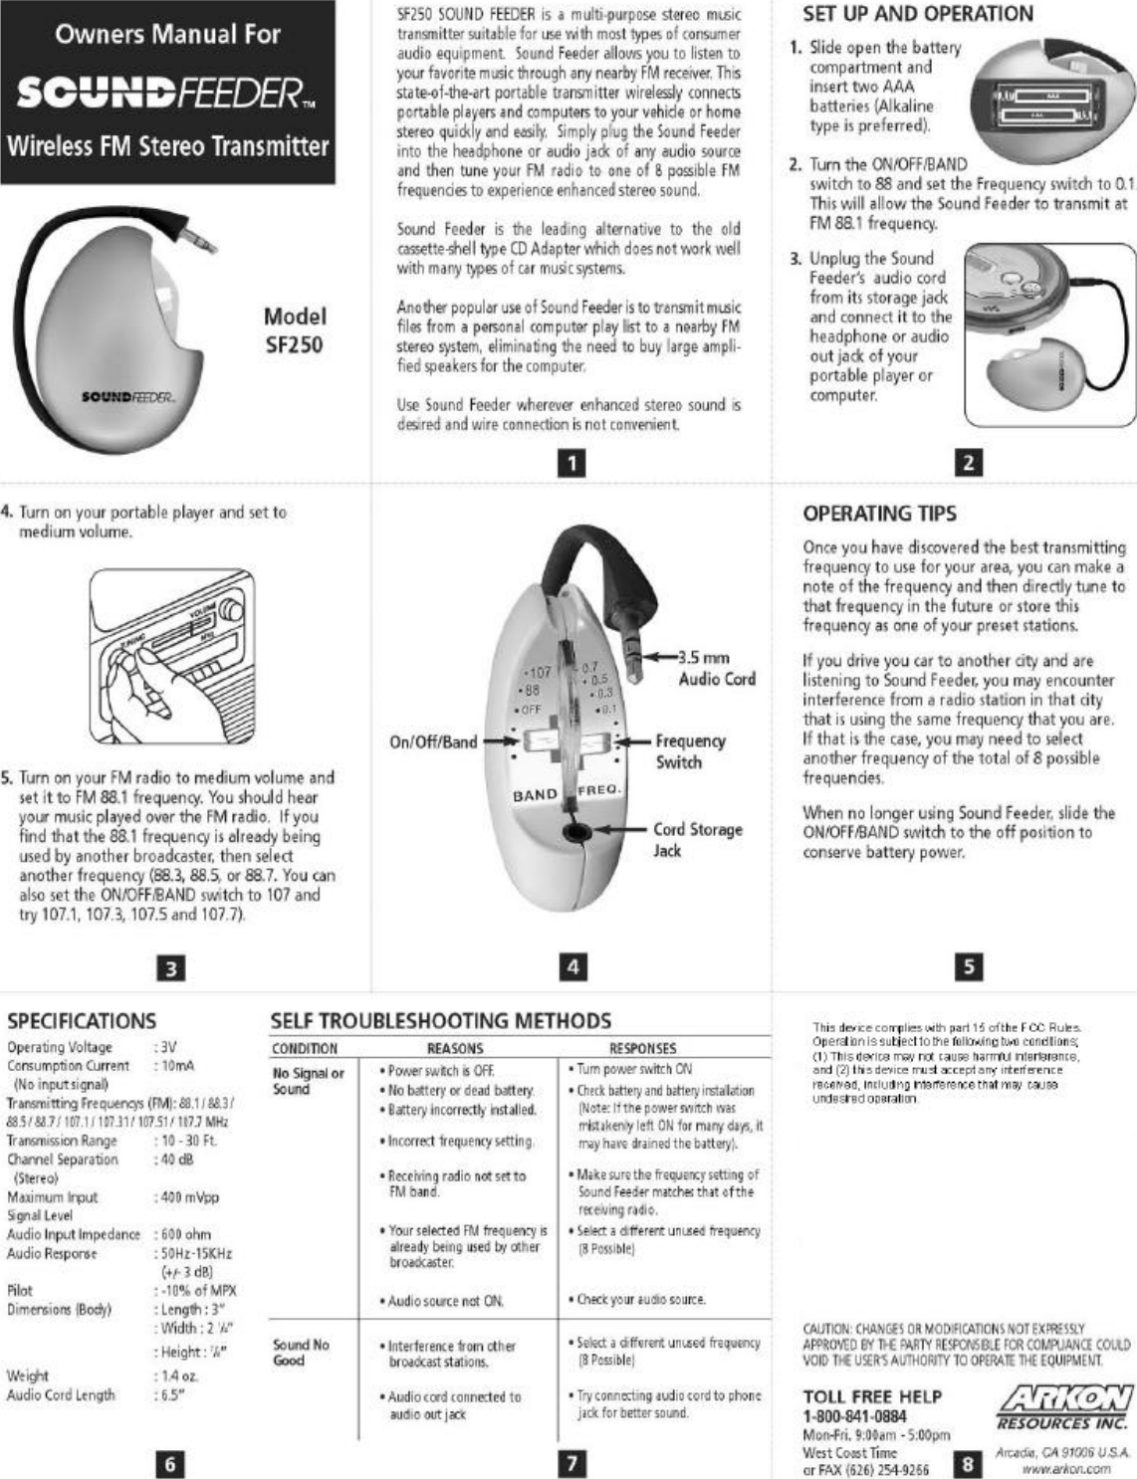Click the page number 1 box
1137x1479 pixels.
click(572, 463)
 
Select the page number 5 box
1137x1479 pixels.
click(969, 966)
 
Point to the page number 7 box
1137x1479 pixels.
click(572, 1463)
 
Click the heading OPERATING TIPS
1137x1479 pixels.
click(879, 514)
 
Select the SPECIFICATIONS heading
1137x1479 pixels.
click(82, 1021)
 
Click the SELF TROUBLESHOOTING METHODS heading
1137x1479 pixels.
click(441, 1021)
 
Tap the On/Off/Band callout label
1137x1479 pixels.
click(433, 741)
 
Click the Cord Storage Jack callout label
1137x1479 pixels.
click(697, 839)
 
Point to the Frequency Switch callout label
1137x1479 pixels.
click(689, 751)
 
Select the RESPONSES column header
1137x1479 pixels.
click(642, 1048)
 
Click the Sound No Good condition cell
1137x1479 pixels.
click(301, 1352)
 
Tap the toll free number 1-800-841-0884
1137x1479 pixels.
click(854, 1416)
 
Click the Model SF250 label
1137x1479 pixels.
click(294, 330)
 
